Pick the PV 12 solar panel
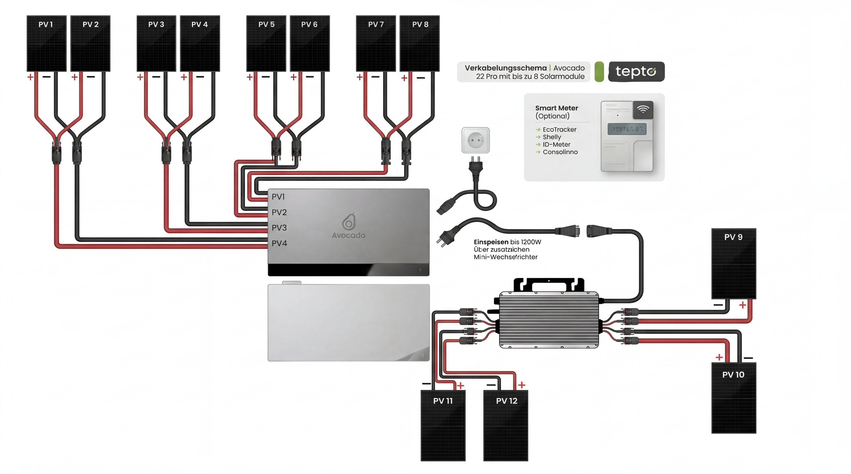(505, 425)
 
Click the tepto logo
(636, 71)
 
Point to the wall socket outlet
(475, 140)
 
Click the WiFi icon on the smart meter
(643, 110)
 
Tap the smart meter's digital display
(627, 129)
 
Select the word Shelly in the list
(552, 137)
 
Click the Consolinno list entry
(560, 152)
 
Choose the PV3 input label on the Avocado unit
(279, 228)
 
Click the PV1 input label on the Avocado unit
(278, 197)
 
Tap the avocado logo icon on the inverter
(349, 222)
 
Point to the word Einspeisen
(491, 242)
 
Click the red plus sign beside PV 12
(522, 385)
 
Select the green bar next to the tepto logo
(599, 72)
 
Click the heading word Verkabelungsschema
(505, 68)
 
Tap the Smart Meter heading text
(556, 108)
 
